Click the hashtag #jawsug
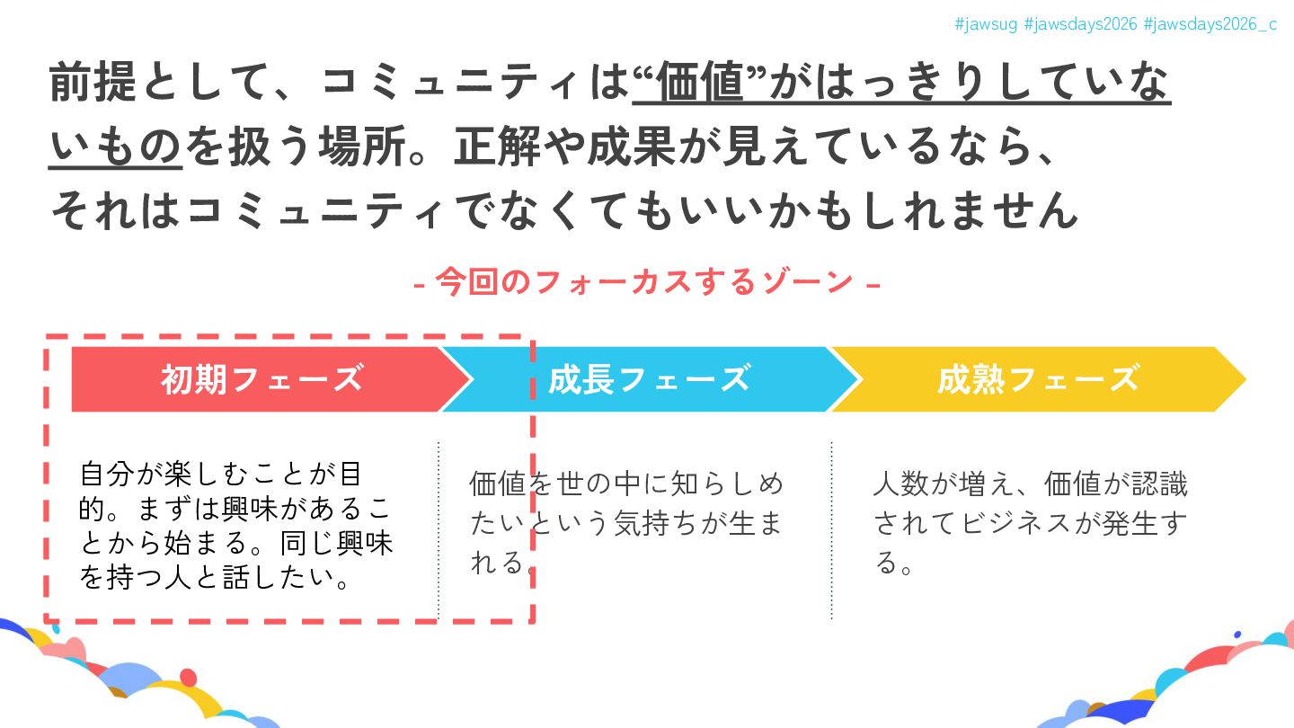pyautogui.click(x=986, y=24)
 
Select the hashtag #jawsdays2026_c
pyautogui.click(x=1210, y=24)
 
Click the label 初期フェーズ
pyautogui.click(x=261, y=379)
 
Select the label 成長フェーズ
pyautogui.click(x=649, y=379)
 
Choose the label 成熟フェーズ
pyautogui.click(x=1038, y=379)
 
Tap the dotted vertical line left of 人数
pyautogui.click(x=831, y=530)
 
